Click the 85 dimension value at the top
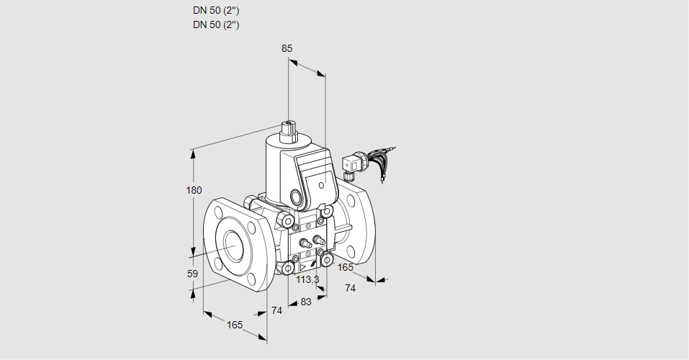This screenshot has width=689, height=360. click(287, 49)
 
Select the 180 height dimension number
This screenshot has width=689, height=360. click(194, 191)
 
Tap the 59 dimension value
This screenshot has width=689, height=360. click(192, 274)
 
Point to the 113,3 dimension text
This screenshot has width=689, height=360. click(308, 279)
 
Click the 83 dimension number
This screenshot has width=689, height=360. click(305, 302)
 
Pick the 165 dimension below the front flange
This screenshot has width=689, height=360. click(235, 325)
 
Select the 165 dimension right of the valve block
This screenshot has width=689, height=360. click(346, 268)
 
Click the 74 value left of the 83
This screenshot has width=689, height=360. click(276, 310)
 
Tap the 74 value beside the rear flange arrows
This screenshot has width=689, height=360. click(351, 288)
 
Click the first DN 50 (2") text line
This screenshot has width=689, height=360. click(216, 11)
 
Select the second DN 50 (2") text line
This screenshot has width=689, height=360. click(216, 24)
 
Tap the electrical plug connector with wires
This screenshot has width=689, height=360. click(354, 163)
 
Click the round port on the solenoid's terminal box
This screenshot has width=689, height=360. click(296, 197)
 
